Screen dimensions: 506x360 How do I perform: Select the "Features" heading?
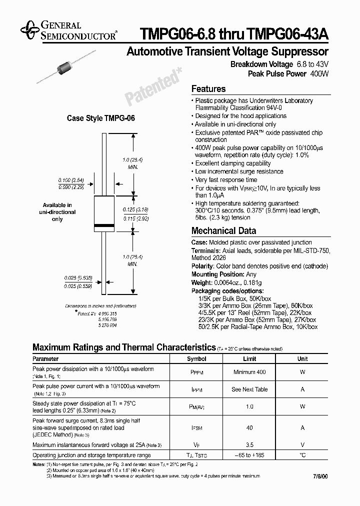(208, 89)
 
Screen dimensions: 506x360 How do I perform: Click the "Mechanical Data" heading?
(223, 231)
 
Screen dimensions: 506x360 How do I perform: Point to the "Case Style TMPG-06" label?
(101, 118)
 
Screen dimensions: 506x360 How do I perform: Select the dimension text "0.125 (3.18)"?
(135, 210)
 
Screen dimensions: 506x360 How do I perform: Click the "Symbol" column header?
(196, 359)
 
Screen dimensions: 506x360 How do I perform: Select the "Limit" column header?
(249, 359)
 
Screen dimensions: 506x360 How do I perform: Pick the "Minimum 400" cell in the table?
(249, 372)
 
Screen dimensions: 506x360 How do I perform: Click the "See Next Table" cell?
(249, 389)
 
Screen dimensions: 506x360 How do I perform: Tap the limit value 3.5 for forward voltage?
(249, 444)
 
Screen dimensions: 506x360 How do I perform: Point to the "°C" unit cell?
(302, 455)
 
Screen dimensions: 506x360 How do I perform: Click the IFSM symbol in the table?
(196, 428)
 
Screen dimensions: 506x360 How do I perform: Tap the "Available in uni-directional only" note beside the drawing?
(57, 212)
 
